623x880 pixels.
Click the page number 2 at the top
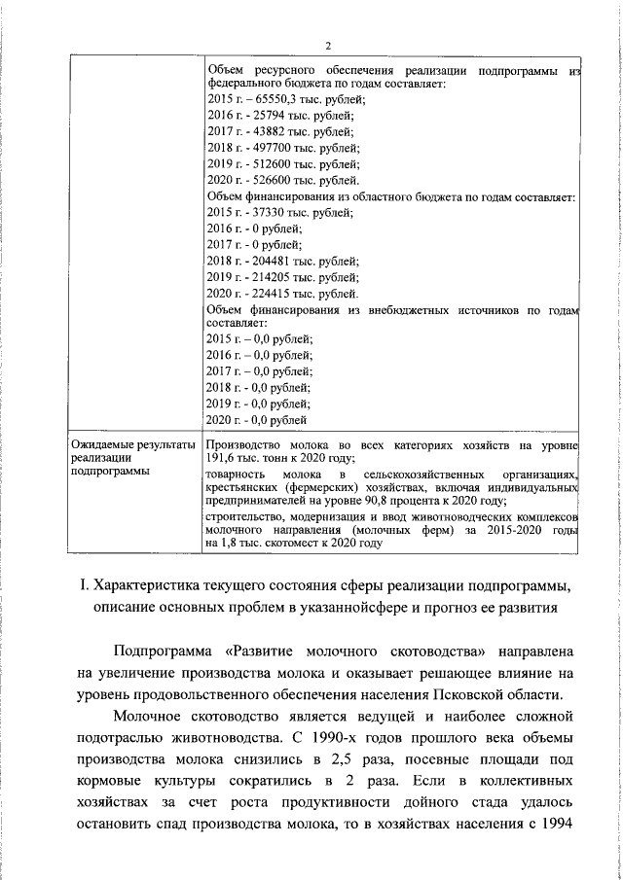(328, 45)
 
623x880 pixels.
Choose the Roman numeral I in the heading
(87, 586)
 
